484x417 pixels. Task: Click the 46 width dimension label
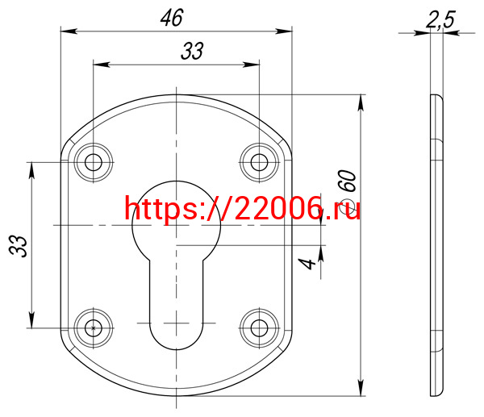pyautogui.click(x=172, y=18)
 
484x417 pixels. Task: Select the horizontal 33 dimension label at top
pyautogui.click(x=192, y=52)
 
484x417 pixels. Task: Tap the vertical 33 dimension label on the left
pyautogui.click(x=19, y=246)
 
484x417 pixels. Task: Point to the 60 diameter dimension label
pyautogui.click(x=347, y=181)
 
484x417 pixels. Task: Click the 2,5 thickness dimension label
pyautogui.click(x=440, y=19)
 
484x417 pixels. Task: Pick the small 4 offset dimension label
pyautogui.click(x=307, y=264)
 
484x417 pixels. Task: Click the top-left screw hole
pyautogui.click(x=94, y=162)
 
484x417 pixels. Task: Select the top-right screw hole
pyautogui.click(x=259, y=162)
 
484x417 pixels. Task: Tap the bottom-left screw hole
pyautogui.click(x=94, y=328)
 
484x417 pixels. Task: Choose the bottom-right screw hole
pyautogui.click(x=259, y=328)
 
